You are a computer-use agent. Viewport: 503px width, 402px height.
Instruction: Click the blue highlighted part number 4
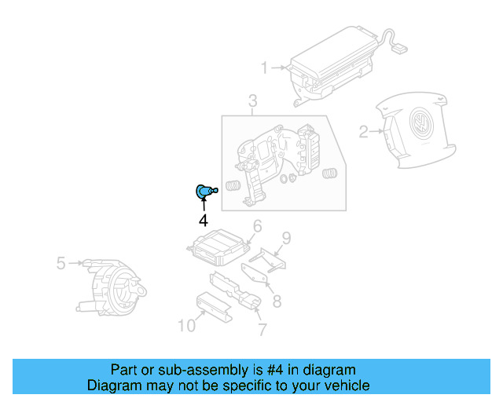click(x=204, y=191)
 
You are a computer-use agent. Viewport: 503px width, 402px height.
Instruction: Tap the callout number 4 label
click(x=203, y=221)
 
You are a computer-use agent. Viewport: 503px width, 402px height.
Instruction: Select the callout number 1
click(x=265, y=68)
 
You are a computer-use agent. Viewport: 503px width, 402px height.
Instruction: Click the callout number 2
click(x=363, y=131)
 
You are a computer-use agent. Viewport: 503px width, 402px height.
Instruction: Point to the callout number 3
click(x=252, y=100)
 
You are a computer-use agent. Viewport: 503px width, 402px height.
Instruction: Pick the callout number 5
click(x=61, y=263)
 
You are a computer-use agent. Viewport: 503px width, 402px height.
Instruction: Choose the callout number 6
click(x=257, y=228)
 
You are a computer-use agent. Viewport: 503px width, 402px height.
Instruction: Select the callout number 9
click(x=287, y=237)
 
